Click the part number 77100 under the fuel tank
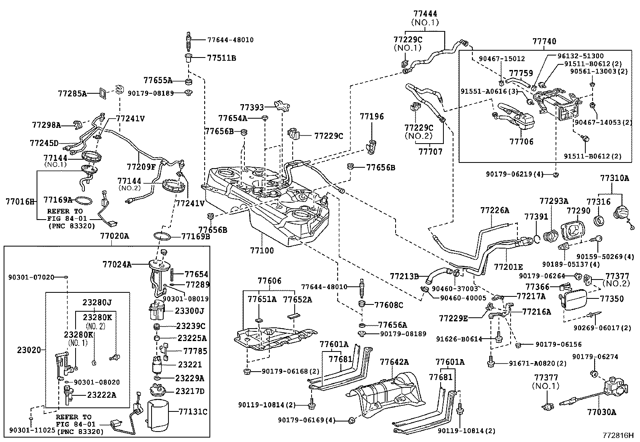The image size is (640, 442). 262,251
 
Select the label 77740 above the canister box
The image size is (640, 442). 544,41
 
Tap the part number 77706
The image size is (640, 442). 521,142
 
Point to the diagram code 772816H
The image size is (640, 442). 617,435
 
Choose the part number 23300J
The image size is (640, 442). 190,311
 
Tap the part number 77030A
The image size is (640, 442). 601,412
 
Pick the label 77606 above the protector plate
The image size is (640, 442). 269,281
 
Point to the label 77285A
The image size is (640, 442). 72,94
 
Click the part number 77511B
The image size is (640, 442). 222,58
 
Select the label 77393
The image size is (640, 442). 252,107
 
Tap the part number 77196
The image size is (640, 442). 372,117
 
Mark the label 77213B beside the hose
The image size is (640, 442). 404,276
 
